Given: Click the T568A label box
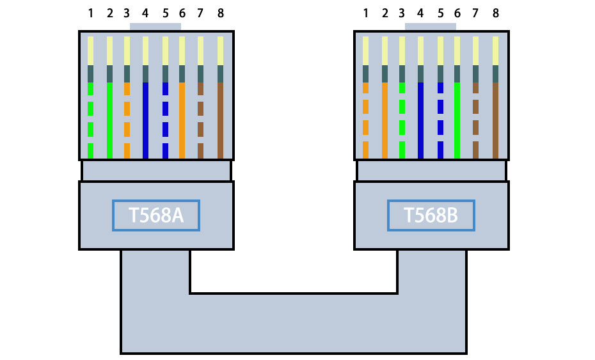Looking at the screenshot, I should pyautogui.click(x=156, y=215).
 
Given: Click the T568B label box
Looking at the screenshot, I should pyautogui.click(x=431, y=215).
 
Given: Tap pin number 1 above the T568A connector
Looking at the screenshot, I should pyautogui.click(x=90, y=13).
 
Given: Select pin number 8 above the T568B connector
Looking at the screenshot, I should pyautogui.click(x=495, y=13).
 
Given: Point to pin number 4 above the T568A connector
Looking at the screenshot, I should pyautogui.click(x=145, y=13).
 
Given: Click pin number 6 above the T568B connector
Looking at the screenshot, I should pyautogui.click(x=457, y=13).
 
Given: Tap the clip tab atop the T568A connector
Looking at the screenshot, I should pyautogui.click(x=155, y=27).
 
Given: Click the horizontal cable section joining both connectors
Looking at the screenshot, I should pyautogui.click(x=293, y=324).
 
